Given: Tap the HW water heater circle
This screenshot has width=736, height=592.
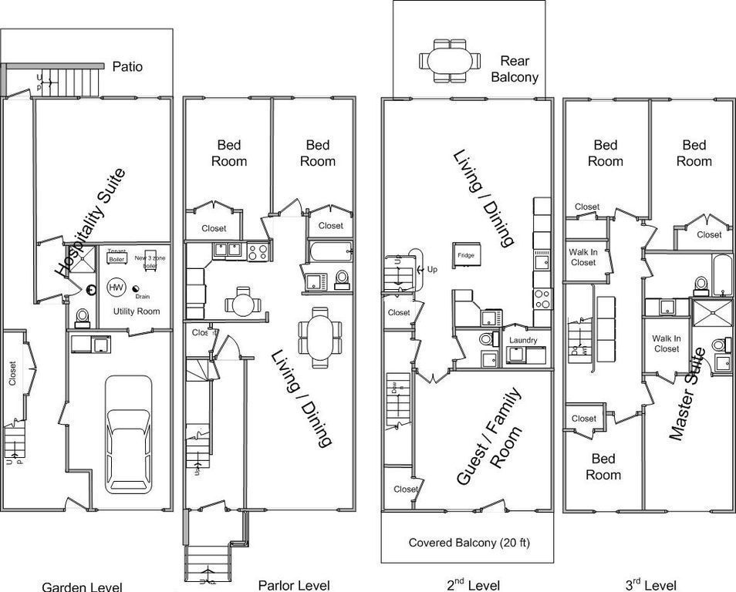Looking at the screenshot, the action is pyautogui.click(x=116, y=288).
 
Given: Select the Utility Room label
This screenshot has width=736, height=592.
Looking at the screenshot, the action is pyautogui.click(x=136, y=311).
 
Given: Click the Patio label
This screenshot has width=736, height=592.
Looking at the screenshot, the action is pyautogui.click(x=127, y=66).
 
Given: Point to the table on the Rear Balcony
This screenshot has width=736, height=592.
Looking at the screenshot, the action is pyautogui.click(x=449, y=60).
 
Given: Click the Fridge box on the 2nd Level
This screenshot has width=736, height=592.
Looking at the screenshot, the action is pyautogui.click(x=465, y=254).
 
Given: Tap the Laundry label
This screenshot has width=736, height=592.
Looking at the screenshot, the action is pyautogui.click(x=524, y=340).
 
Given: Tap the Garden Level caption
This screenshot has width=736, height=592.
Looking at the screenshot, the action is pyautogui.click(x=82, y=586).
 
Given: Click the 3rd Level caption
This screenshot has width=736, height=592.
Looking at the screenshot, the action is pyautogui.click(x=650, y=585).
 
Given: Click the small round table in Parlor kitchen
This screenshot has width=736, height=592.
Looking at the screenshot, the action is pyautogui.click(x=243, y=302).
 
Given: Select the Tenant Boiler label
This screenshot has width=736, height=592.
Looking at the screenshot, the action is pyautogui.click(x=116, y=255).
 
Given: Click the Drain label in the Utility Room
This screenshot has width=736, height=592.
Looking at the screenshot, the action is pyautogui.click(x=142, y=296).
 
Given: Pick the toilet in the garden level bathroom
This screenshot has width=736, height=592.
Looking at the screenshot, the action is pyautogui.click(x=82, y=317).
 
